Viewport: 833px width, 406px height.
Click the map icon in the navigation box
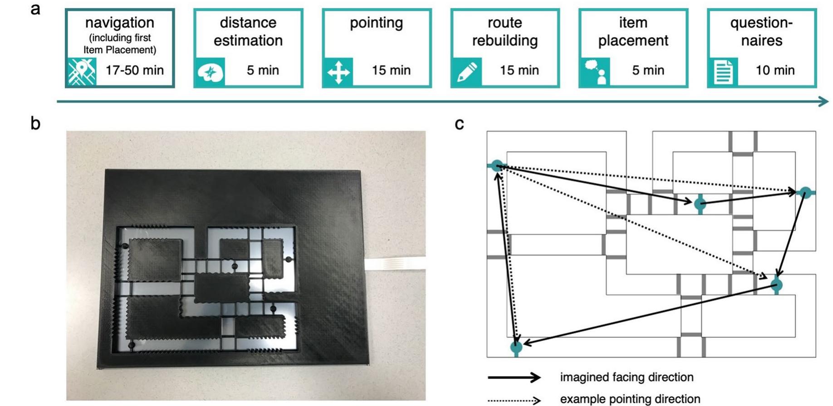tap(82, 72)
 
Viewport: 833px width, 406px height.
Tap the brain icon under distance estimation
tap(210, 72)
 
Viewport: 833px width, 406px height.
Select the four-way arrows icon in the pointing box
tap(338, 72)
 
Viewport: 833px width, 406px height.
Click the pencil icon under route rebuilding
tap(466, 72)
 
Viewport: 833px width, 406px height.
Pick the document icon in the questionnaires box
tap(723, 72)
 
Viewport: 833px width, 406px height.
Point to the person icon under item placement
tap(595, 72)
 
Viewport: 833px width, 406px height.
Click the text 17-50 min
tap(134, 70)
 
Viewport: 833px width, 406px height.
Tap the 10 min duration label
tap(775, 70)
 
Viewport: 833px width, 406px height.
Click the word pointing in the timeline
tap(376, 23)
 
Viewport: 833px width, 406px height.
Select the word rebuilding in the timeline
tap(505, 41)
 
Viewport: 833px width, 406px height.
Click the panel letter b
tap(35, 123)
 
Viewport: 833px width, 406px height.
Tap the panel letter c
tap(459, 124)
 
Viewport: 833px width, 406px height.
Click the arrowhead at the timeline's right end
tap(823, 101)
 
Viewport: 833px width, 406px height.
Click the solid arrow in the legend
tap(514, 377)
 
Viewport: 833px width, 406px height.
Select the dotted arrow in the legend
tap(514, 400)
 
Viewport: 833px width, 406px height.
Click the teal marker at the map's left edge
tap(497, 166)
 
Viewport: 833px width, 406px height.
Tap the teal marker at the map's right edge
tap(805, 193)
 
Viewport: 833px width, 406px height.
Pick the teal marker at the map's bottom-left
tap(516, 347)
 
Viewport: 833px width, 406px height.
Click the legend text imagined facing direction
tap(627, 377)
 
